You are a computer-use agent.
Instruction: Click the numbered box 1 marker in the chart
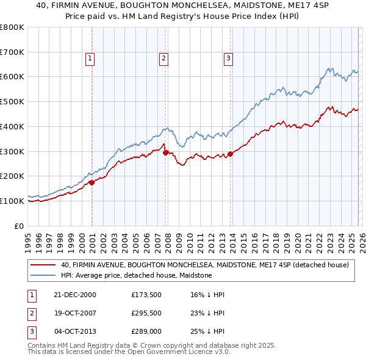[90, 59]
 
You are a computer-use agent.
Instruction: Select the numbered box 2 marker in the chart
[164, 59]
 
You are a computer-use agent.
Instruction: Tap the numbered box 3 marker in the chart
[228, 59]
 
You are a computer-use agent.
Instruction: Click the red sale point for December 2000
[92, 182]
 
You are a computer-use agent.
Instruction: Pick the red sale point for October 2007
[166, 152]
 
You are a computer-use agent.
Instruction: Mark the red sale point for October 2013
[230, 154]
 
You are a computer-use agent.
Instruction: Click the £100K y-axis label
[12, 201]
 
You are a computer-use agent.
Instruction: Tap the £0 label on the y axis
[19, 226]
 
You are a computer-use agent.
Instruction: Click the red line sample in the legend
[43, 265]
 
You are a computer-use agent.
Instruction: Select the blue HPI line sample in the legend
[43, 275]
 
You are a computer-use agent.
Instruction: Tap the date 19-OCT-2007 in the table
[76, 314]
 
